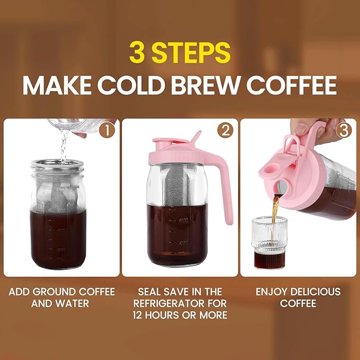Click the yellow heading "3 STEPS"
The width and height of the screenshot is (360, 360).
coord(180,53)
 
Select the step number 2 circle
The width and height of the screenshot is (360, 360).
coord(226,130)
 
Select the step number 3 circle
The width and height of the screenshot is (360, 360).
coord(344,130)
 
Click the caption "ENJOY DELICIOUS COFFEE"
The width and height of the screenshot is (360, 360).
coord(298,297)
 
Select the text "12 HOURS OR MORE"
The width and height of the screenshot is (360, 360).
coord(180,315)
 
